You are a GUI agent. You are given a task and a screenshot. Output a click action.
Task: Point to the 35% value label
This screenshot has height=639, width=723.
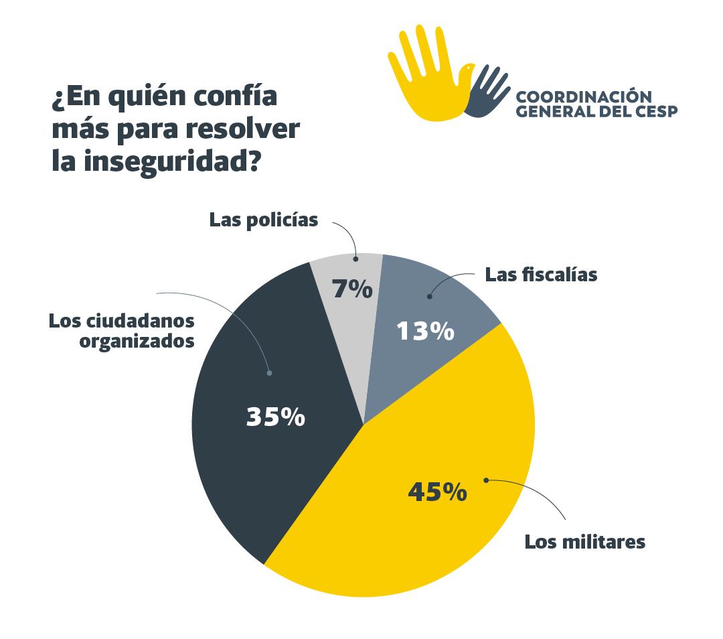point(275,417)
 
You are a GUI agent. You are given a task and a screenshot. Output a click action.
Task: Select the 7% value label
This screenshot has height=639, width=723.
point(352,289)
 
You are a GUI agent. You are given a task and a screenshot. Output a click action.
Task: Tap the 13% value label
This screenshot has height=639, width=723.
point(426,331)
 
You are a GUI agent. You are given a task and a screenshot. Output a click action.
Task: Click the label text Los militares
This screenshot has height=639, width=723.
point(584,541)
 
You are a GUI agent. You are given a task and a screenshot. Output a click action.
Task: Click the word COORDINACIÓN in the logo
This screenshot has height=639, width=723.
point(584,96)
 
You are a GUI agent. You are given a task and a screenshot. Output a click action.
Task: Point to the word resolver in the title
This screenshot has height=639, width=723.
point(247,130)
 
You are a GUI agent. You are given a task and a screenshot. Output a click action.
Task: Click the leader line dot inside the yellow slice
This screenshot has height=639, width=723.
point(486,480)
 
